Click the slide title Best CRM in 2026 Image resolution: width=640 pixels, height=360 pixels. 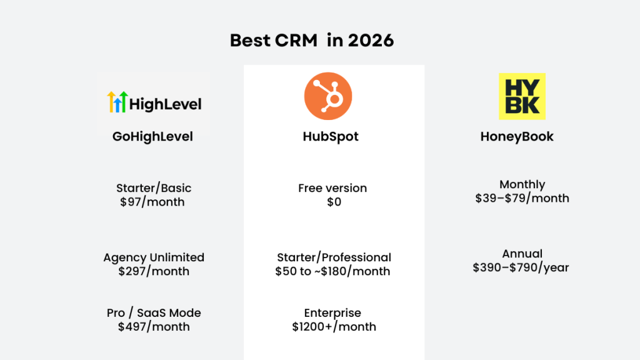[312, 41]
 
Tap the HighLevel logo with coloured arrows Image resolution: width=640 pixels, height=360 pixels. [154, 102]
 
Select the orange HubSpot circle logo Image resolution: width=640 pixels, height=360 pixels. [328, 96]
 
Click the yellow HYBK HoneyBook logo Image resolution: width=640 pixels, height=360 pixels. [522, 96]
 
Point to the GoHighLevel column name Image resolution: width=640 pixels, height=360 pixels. [152, 136]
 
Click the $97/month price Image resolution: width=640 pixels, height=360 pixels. [152, 202]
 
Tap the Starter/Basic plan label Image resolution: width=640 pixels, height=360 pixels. [154, 188]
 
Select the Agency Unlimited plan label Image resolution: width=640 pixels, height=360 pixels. [154, 257]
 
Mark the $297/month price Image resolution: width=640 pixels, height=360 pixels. [154, 271]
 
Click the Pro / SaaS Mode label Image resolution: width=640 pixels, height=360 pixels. [154, 313]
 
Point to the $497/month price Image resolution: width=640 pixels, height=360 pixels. [154, 327]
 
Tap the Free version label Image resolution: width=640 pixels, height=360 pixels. [332, 188]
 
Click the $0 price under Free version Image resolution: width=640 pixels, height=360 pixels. [334, 202]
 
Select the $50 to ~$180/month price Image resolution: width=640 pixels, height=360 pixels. [332, 271]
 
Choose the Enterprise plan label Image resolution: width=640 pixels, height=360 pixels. [332, 313]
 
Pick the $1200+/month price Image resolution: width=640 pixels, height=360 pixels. [334, 327]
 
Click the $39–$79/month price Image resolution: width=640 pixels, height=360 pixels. [522, 198]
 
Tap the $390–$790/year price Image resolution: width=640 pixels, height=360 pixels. [521, 267]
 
